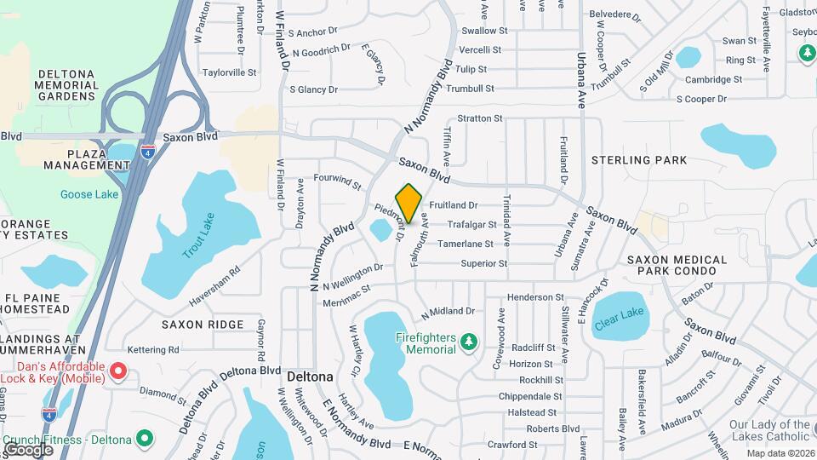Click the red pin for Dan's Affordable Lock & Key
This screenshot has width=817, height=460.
point(119,372)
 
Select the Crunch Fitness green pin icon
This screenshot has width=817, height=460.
point(146,440)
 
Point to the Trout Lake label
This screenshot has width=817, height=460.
point(199,236)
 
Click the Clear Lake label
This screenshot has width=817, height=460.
point(620,313)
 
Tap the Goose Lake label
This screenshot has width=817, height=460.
point(89,194)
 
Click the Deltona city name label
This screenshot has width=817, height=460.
point(309,376)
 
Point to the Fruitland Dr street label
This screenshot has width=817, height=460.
point(454,205)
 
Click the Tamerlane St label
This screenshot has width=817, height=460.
point(466,244)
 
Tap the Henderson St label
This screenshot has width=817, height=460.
point(535,297)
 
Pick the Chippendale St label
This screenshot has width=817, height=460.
point(529,397)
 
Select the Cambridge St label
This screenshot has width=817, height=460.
point(713,80)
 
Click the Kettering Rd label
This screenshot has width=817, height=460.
point(153,350)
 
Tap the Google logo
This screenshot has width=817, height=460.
point(28,449)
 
